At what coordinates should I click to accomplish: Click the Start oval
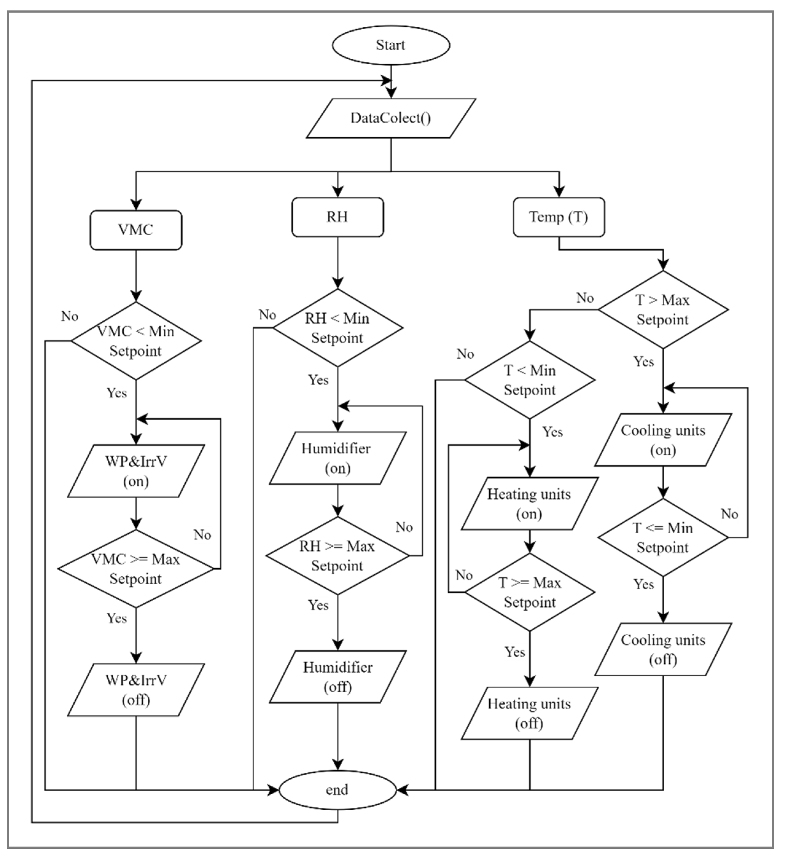click(x=391, y=45)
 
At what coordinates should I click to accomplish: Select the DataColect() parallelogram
click(x=391, y=118)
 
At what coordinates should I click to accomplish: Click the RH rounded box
click(x=337, y=217)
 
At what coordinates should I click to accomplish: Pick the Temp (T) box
click(x=559, y=217)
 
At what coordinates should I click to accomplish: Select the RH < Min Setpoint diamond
click(x=337, y=328)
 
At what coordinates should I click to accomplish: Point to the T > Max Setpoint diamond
click(x=663, y=310)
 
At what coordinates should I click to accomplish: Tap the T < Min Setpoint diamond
click(x=530, y=380)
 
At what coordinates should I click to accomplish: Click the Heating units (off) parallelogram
click(x=530, y=714)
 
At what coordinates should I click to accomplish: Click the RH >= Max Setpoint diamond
click(x=337, y=556)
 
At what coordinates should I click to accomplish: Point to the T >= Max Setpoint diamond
click(x=530, y=592)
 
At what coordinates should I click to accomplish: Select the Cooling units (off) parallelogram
click(x=663, y=650)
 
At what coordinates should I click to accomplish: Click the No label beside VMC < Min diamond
click(x=70, y=316)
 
